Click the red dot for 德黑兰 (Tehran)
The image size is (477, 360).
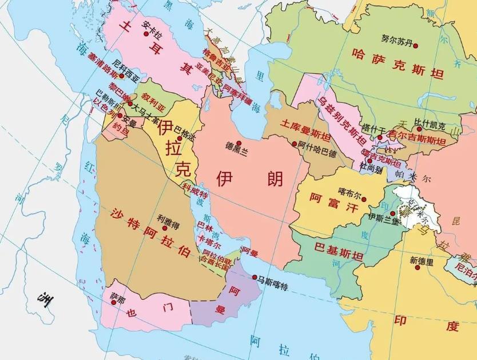pos(238,143)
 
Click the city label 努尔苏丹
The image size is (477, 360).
pos(396,38)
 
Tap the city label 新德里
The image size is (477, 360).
pos(422,261)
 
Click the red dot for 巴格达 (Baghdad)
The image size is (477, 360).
pos(179,138)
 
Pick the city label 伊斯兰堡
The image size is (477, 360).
pos(383,217)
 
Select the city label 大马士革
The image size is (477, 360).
pos(146,106)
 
